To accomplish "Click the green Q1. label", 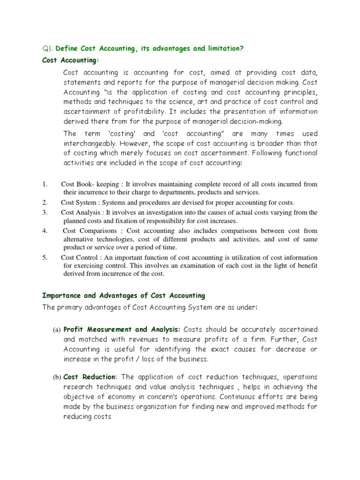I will tap(48, 49).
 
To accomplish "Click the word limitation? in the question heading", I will tap(227, 49).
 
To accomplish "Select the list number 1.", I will tap(45, 185).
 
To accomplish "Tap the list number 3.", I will tap(45, 212).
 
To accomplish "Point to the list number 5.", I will tap(45, 258).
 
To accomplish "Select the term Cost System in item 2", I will tap(80, 202).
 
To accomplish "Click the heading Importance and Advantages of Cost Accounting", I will tap(124, 296).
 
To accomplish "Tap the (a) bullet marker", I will tap(56, 330).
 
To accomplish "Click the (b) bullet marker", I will tap(56, 377).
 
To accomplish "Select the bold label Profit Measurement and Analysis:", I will tap(120, 330).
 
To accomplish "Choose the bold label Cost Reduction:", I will tap(90, 377).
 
